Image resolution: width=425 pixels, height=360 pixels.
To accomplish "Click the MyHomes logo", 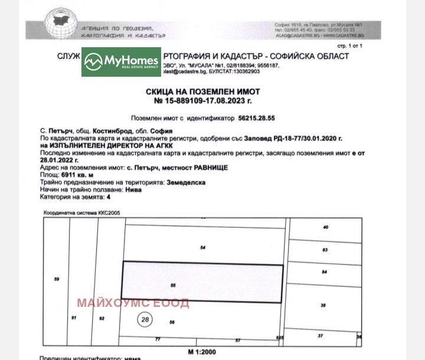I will (121, 62).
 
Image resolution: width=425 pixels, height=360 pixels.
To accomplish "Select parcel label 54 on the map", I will (202, 247).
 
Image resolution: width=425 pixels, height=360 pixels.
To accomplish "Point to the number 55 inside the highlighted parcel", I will (173, 286).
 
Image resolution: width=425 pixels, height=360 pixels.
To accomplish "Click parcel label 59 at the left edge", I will (57, 279).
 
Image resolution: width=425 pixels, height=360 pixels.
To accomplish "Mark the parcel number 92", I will (102, 319).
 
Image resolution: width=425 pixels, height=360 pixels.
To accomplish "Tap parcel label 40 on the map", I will (325, 227).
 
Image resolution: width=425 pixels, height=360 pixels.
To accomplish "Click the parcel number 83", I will (325, 250).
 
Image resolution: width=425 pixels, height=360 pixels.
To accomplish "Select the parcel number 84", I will (324, 271).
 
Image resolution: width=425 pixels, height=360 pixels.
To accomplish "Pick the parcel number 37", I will (321, 335).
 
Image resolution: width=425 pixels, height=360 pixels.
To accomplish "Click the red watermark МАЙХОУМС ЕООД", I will (133, 303).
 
